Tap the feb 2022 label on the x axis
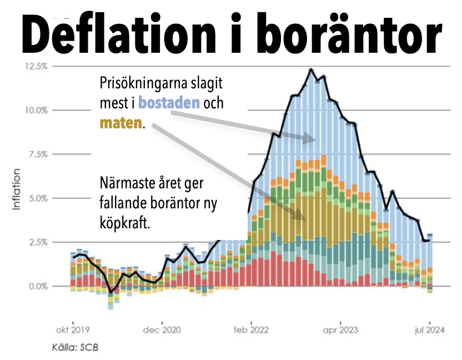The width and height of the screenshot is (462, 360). [252, 329]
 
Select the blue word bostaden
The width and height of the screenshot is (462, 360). [169, 103]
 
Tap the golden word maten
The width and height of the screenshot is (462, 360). [120, 122]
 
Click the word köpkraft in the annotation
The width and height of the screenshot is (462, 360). [124, 223]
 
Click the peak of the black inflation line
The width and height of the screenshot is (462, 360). [311, 69]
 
